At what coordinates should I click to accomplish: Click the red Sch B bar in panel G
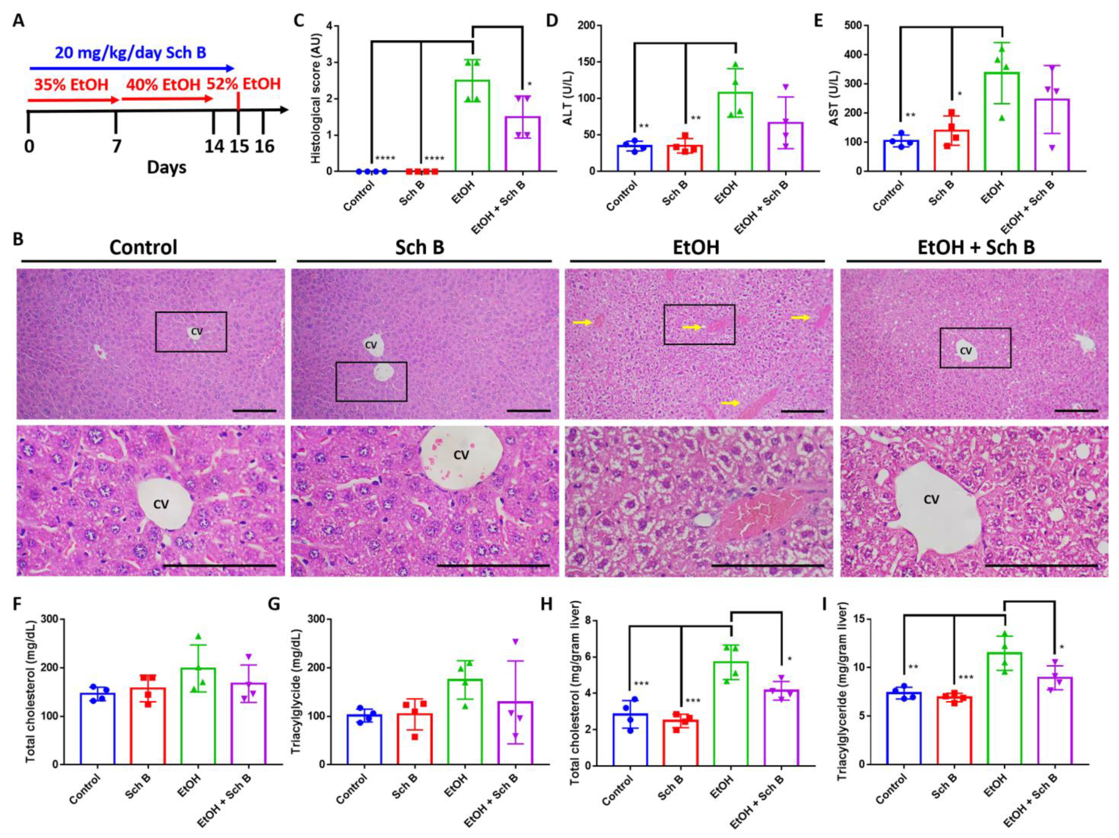418,739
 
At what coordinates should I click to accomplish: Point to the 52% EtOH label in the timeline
243,84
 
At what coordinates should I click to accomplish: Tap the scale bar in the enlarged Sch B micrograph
493,565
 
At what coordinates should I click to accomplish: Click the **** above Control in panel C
385,158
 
